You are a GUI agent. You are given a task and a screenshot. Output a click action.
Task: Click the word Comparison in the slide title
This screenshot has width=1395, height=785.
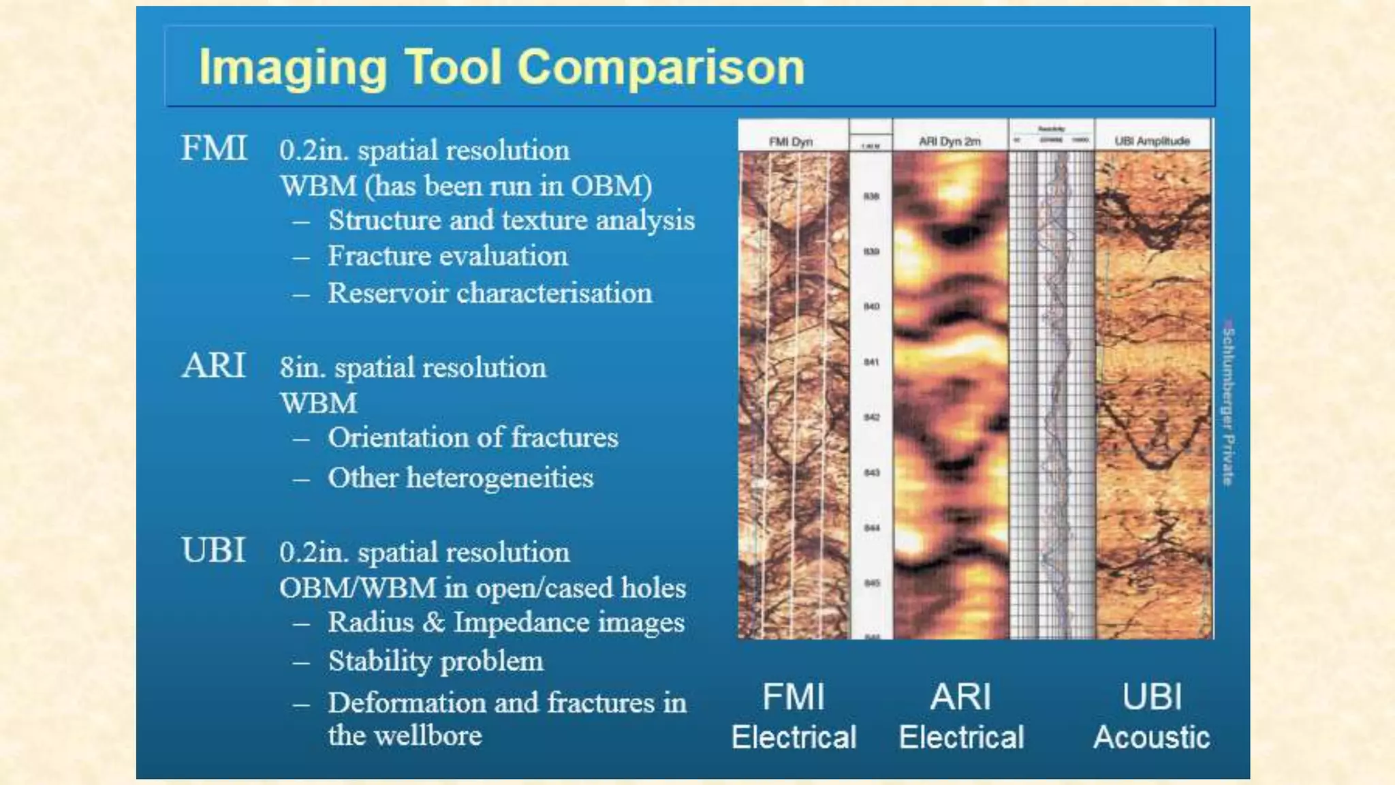(x=660, y=67)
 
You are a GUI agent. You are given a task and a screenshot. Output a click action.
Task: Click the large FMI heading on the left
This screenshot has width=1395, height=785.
(x=213, y=148)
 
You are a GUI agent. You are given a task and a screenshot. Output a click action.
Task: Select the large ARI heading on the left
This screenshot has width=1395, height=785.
(x=213, y=365)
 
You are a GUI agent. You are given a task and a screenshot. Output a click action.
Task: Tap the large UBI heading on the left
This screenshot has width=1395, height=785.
(x=213, y=550)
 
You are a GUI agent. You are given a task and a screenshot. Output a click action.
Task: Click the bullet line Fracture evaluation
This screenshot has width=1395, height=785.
(x=448, y=256)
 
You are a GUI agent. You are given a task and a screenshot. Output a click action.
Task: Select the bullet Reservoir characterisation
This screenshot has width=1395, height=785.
(x=490, y=293)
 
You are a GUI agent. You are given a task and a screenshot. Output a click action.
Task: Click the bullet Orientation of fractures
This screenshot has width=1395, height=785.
(x=473, y=437)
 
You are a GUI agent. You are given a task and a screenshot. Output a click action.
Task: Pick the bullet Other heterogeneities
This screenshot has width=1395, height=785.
(x=460, y=478)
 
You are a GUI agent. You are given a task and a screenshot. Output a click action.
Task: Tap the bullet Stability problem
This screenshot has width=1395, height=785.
(x=435, y=661)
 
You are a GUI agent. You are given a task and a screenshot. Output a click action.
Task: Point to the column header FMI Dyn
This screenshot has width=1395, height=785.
(x=791, y=142)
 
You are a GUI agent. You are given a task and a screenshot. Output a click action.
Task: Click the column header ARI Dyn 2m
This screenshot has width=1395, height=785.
(x=950, y=141)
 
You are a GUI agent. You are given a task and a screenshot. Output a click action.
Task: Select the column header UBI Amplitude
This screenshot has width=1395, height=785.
(x=1152, y=141)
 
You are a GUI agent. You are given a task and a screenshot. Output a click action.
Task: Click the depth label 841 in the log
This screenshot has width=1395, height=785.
(x=871, y=362)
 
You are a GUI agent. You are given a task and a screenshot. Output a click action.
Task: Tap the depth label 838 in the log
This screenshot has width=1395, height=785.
(x=871, y=196)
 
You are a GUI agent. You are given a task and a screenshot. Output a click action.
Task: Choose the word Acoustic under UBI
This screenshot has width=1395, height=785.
(x=1151, y=737)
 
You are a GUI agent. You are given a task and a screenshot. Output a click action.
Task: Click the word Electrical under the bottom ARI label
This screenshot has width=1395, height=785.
(x=960, y=737)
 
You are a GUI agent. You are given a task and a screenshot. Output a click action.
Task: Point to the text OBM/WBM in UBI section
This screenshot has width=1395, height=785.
(x=358, y=588)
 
